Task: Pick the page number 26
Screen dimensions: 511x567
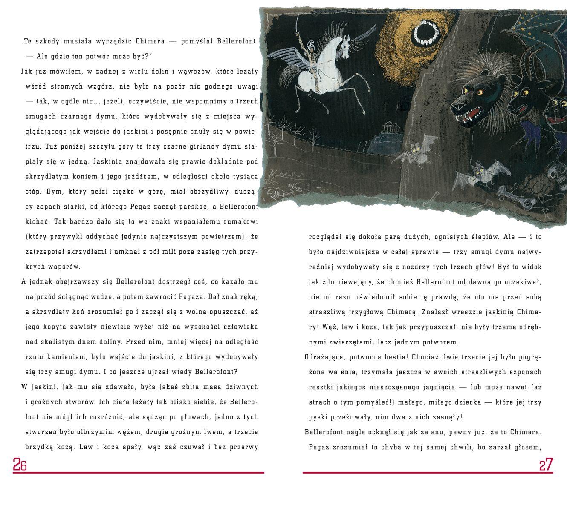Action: point(20,464)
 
